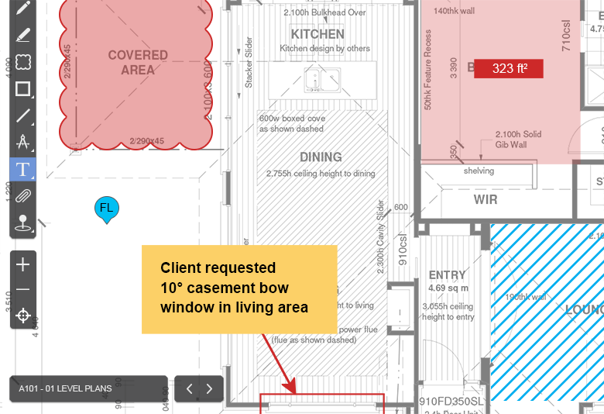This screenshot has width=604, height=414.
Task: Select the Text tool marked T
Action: click(23, 168)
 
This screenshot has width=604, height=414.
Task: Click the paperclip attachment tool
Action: click(23, 195)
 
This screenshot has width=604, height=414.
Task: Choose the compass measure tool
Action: click(23, 142)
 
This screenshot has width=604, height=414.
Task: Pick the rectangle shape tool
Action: click(23, 88)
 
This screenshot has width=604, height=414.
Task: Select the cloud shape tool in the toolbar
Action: click(23, 61)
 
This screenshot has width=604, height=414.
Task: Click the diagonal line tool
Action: click(23, 116)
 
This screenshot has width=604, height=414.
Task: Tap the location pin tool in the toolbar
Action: click(23, 223)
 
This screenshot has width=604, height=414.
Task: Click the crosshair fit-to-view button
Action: click(23, 315)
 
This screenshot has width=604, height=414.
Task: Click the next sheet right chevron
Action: click(209, 388)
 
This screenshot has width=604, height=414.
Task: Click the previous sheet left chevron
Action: click(189, 388)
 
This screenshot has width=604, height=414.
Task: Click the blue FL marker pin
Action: click(106, 209)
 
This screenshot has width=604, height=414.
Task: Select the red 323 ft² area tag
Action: click(508, 68)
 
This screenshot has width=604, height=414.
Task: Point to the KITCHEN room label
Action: click(317, 34)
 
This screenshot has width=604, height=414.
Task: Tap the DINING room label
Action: click(321, 157)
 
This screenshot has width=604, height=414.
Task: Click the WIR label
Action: click(486, 200)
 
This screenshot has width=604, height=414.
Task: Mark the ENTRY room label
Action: click(447, 275)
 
